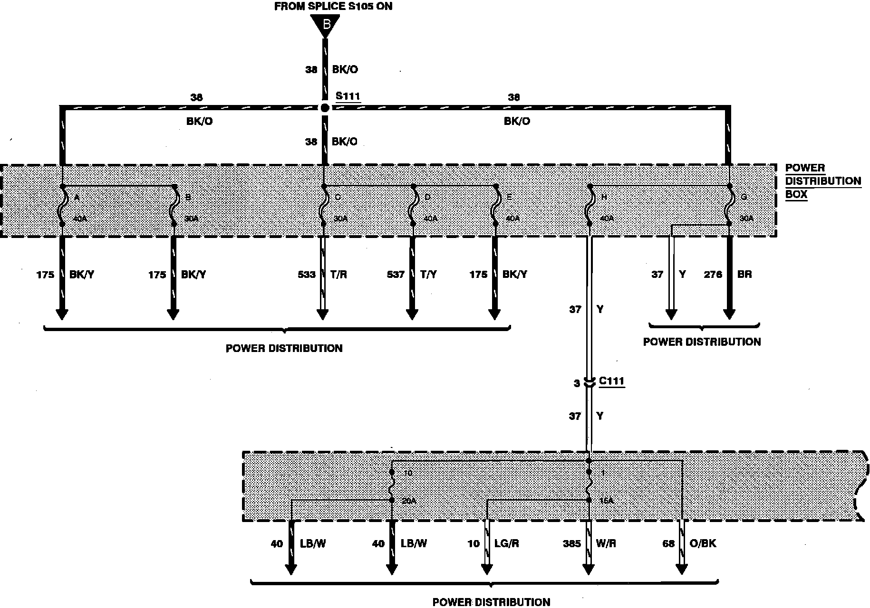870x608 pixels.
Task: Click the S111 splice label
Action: (x=348, y=96)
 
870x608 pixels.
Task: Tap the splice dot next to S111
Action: (x=325, y=108)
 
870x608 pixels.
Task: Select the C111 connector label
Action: (x=611, y=381)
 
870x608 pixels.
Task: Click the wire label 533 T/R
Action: (x=322, y=275)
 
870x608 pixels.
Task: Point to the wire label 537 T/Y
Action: (x=412, y=275)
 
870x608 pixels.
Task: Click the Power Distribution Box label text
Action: (x=822, y=181)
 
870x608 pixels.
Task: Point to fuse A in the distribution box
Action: (x=62, y=208)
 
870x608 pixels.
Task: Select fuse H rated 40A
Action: (x=590, y=208)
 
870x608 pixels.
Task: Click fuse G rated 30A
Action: (x=728, y=208)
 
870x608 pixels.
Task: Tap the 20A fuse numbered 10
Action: (x=392, y=486)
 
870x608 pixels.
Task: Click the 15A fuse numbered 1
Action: (x=589, y=486)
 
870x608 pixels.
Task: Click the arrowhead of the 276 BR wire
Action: (x=729, y=314)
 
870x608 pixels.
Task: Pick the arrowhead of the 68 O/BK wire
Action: (x=682, y=569)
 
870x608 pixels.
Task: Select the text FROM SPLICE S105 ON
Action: (x=333, y=6)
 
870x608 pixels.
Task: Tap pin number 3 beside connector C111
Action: (x=577, y=383)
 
